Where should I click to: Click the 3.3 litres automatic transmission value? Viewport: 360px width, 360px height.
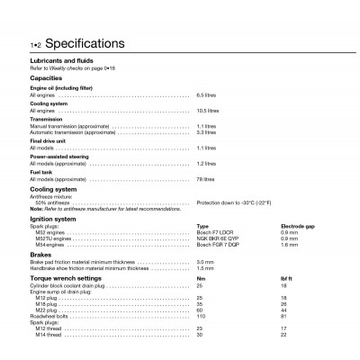click(206, 131)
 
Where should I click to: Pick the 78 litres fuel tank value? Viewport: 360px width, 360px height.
click(206, 180)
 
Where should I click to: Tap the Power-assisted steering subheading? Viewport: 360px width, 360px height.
click(62, 157)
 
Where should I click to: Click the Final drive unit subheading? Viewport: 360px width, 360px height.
click(49, 141)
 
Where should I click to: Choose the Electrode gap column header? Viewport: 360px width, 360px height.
click(296, 227)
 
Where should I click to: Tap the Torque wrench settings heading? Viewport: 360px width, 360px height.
click(68, 278)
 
